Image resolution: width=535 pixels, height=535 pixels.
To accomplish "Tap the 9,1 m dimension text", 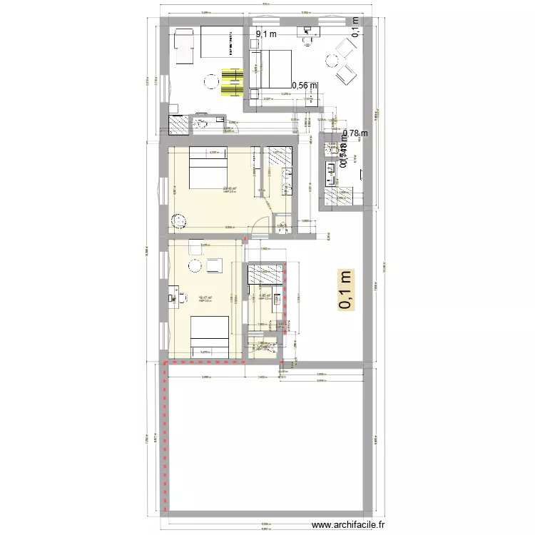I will click(x=266, y=33).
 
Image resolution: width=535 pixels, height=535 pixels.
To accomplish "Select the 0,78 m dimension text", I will click(x=355, y=133).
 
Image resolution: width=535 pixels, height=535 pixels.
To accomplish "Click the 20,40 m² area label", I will click(x=230, y=188).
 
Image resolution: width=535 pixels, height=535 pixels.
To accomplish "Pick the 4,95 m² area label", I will click(x=263, y=295).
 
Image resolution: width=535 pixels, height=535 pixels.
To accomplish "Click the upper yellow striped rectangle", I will click(x=232, y=75).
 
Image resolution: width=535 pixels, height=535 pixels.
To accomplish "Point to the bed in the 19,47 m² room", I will click(x=210, y=336).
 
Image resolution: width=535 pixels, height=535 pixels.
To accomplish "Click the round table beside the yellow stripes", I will click(x=211, y=83).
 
